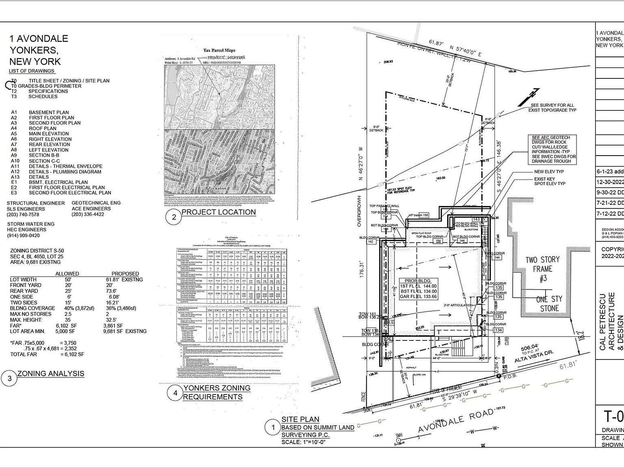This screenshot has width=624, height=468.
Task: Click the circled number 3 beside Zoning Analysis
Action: coord(9,378)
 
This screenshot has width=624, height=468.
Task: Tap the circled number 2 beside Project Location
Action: coord(174,217)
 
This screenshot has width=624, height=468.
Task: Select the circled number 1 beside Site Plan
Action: coord(273,427)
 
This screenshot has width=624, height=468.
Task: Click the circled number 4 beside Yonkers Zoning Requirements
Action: coord(175,393)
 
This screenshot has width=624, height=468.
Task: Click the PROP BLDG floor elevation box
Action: coord(418,289)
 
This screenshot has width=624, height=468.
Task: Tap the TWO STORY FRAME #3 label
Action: coord(542,269)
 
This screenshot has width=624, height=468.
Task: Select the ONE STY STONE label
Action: coord(549,303)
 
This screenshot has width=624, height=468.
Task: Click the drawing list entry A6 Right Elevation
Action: coord(50,139)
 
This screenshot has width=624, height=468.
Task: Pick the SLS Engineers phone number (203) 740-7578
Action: coord(23,214)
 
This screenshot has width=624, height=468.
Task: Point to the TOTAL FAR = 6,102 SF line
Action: coord(47,354)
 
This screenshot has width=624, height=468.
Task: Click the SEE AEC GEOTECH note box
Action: coord(554,149)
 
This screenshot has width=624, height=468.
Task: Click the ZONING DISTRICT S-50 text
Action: coord(37,251)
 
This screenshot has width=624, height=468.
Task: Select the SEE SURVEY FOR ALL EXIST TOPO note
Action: coord(552,108)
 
